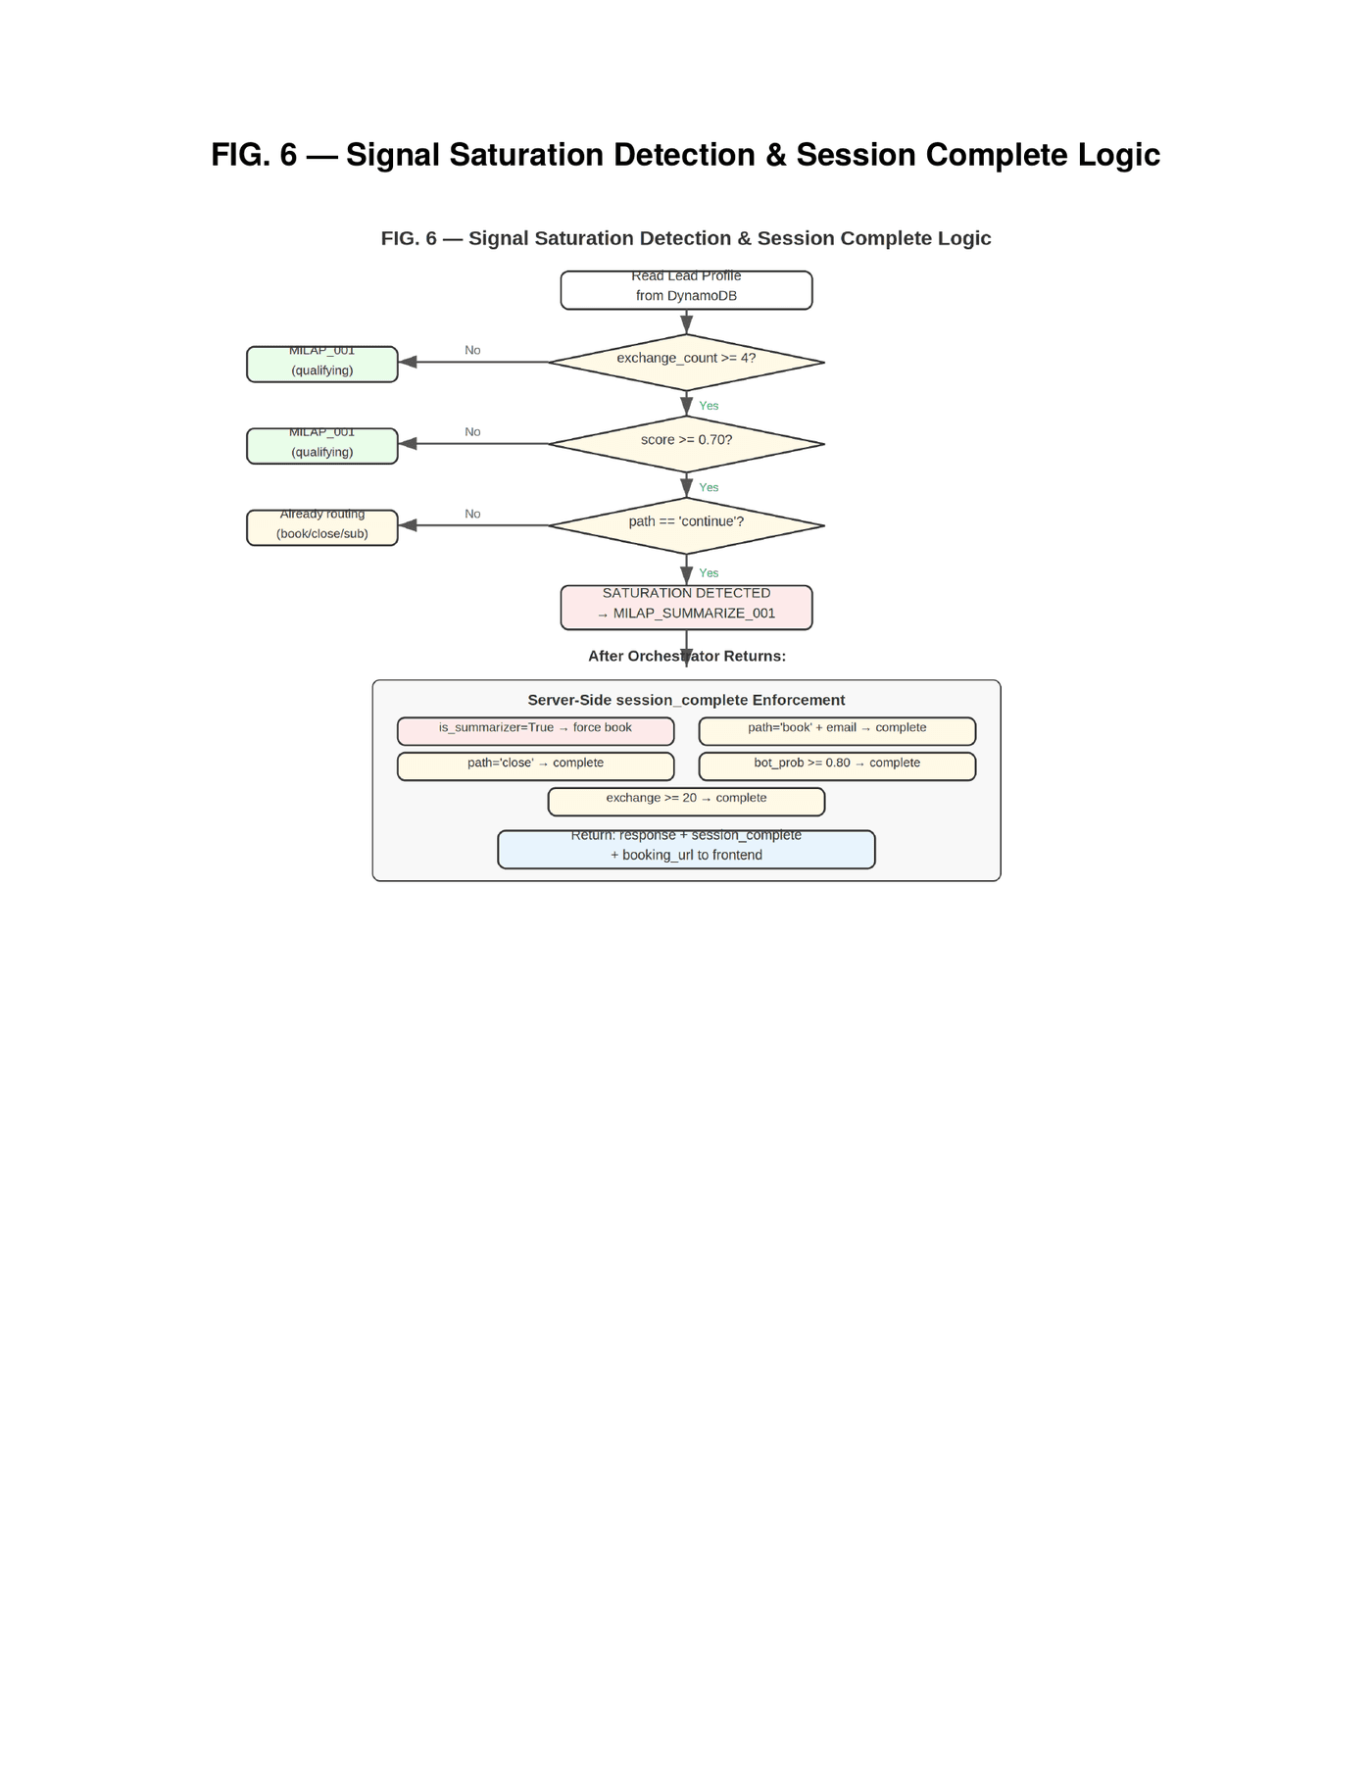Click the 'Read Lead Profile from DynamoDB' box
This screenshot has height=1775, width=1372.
(686, 290)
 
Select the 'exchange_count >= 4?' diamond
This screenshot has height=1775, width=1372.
(686, 362)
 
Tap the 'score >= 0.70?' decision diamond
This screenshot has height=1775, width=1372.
(686, 443)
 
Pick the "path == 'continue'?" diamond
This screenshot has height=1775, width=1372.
(686, 525)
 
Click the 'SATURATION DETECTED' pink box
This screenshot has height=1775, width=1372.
(686, 607)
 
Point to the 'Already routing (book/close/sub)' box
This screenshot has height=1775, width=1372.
(321, 527)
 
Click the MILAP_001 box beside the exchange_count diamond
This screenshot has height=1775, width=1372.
(321, 364)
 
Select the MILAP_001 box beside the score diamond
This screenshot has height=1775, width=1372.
(321, 446)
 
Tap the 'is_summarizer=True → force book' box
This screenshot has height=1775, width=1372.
(535, 731)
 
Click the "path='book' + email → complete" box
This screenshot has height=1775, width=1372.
(837, 731)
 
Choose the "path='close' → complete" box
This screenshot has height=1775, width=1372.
(535, 765)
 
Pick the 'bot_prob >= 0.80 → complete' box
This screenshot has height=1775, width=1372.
(837, 765)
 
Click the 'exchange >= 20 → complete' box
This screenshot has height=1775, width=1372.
(686, 801)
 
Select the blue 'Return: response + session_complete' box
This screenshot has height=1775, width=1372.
(686, 849)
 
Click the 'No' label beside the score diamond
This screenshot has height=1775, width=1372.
(472, 432)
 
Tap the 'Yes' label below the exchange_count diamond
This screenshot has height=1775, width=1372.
(709, 406)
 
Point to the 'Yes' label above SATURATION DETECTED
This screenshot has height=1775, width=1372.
(709, 573)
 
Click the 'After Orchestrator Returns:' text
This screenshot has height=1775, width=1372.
(686, 656)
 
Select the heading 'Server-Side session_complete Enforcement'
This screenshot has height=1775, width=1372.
(686, 700)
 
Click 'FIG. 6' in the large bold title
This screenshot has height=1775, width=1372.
(254, 155)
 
